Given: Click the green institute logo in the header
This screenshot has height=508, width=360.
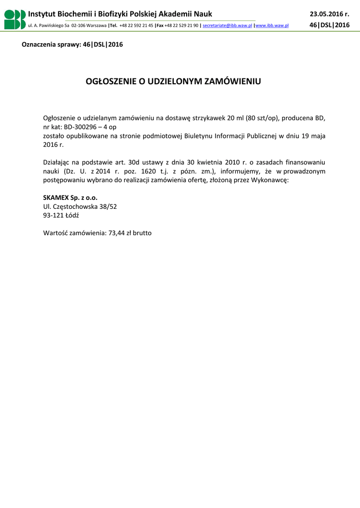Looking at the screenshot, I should pos(15,19).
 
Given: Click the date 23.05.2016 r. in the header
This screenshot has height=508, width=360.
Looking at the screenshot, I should pos(329,14).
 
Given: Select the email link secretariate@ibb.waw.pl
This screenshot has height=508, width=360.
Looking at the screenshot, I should pos(227,25).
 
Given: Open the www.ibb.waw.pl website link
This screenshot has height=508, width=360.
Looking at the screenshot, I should pos(272,25).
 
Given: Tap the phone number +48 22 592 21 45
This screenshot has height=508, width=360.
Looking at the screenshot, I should pos(136,25).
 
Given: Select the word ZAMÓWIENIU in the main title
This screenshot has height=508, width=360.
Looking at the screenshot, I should pos(233,81).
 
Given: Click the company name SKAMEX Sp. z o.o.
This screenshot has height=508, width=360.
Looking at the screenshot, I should pos(70,197).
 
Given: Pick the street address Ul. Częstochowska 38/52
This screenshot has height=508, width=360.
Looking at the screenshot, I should pos(80,206).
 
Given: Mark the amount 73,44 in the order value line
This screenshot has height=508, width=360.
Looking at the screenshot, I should pos(117,232).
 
